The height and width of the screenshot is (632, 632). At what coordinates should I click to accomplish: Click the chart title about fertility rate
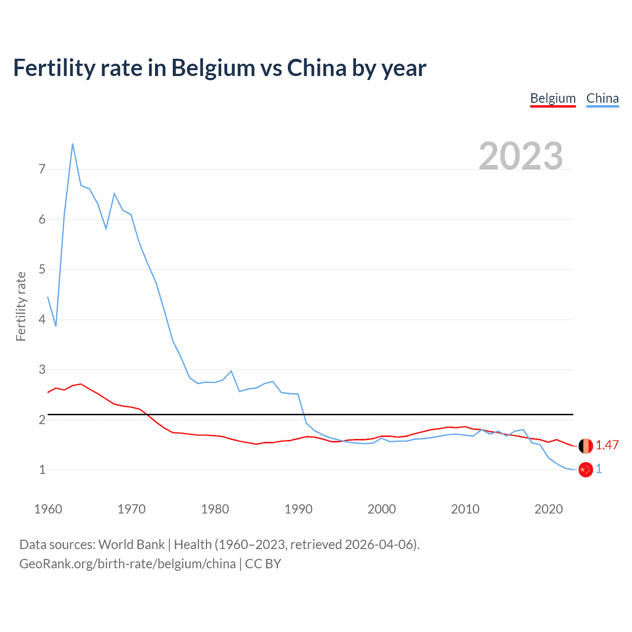pos(219,68)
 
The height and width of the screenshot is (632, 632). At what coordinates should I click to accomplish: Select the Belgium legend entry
pos(553,98)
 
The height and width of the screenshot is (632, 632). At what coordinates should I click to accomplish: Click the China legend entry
pos(602,98)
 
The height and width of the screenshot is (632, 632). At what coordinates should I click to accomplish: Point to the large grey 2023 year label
pos(520,156)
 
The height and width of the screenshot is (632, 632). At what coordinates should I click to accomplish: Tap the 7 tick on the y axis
pos(42,169)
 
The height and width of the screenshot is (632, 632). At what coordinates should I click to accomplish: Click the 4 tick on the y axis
pos(42,319)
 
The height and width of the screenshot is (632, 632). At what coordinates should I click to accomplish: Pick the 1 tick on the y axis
pos(42,470)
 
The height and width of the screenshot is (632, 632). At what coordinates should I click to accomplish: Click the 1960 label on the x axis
pos(48,509)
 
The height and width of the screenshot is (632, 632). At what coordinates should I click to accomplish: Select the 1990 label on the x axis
pos(298,509)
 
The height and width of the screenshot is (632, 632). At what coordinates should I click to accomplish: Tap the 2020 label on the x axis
pos(549,509)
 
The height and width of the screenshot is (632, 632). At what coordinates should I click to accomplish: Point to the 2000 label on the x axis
pos(382,509)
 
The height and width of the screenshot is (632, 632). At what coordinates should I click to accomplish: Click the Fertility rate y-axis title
pos(21,306)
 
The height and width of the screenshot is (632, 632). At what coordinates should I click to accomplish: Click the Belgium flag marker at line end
pos(586,446)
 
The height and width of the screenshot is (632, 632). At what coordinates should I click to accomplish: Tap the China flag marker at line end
pos(586,470)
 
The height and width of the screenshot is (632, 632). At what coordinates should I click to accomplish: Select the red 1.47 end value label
pos(607,445)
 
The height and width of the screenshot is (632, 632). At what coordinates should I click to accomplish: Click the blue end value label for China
pos(599,469)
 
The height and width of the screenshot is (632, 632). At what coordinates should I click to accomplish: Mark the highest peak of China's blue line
pos(73,144)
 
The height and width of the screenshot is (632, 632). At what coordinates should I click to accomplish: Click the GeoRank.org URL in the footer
pos(127,564)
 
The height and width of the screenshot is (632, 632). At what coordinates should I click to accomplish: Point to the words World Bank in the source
pos(131,545)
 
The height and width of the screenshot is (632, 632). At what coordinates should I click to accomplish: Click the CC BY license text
pos(263,564)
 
